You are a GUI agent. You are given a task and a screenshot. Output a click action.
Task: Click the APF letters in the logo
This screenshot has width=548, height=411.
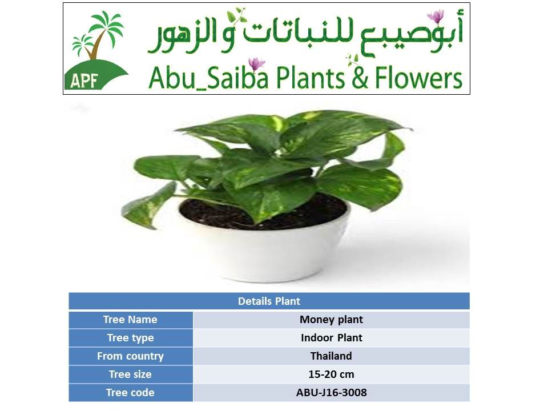84,81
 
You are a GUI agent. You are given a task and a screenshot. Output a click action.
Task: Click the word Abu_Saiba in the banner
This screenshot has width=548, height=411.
209,78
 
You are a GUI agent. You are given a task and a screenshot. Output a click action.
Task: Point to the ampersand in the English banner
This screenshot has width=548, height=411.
360,78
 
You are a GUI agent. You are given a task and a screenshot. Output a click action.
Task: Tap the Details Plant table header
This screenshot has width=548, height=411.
269,301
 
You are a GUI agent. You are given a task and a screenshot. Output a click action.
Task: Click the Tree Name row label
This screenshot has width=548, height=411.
130,320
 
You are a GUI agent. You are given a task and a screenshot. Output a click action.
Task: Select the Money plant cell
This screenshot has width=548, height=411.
331,320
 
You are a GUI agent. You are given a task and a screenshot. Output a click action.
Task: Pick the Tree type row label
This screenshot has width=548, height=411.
130,337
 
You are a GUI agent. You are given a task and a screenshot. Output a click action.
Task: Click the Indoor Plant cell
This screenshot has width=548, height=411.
331,337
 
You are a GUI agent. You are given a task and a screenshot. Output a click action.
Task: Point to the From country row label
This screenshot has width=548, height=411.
130,356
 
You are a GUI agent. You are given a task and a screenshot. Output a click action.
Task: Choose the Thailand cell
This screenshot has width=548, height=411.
331,356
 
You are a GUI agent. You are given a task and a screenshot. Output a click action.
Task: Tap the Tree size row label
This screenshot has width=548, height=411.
130,374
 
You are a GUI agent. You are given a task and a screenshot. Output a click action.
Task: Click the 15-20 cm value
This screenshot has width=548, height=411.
331,374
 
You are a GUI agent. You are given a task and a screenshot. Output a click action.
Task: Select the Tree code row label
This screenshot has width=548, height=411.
130,393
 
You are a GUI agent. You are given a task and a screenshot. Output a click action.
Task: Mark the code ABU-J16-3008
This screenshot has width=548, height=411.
331,393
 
